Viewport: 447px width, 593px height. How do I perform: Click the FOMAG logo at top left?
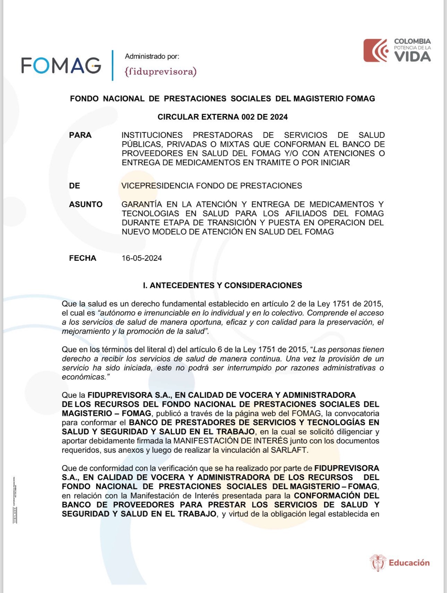pos(61,65)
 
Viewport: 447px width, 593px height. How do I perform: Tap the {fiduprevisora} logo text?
pos(160,72)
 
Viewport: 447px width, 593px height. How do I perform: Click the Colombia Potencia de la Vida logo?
pos(397,51)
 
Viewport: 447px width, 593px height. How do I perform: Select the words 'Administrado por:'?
pos(152,56)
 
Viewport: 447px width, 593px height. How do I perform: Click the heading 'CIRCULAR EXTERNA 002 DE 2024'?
pos(223,117)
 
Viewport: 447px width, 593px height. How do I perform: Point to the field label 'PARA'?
pos(80,135)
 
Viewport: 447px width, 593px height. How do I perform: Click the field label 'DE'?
pos(75,186)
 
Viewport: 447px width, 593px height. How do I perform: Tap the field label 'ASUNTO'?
pos(86,204)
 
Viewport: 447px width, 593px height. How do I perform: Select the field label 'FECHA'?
pos(83,258)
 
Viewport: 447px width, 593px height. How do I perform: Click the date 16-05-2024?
pos(141,258)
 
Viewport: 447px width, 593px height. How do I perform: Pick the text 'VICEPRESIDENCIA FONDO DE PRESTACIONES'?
pos(212,186)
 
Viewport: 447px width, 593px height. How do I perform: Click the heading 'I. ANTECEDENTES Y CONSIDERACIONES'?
pos(223,285)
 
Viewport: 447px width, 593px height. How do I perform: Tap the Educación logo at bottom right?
pos(399,563)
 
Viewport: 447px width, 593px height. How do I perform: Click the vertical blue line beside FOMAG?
pos(113,65)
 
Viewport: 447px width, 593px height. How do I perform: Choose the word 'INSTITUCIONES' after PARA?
pos(152,135)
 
